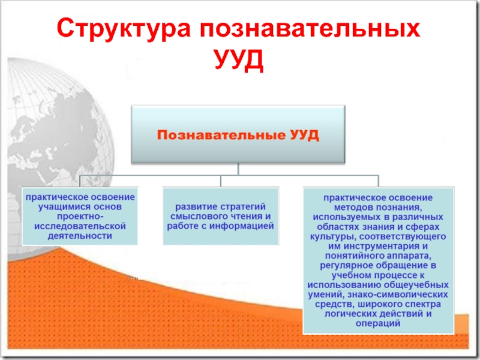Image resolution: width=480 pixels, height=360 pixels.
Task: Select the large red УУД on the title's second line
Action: [x=239, y=59]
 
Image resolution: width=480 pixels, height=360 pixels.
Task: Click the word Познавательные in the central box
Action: [x=221, y=135]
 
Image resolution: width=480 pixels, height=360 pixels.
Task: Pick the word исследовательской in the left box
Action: [x=80, y=226]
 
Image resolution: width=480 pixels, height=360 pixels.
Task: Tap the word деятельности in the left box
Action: [x=80, y=236]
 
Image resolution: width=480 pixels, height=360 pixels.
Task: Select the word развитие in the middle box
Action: [x=193, y=207]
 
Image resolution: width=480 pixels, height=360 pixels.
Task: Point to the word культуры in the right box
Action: [x=333, y=237]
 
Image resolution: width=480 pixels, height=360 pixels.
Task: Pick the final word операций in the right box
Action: [x=378, y=323]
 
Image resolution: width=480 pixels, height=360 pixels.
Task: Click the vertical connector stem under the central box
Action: [x=238, y=169]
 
